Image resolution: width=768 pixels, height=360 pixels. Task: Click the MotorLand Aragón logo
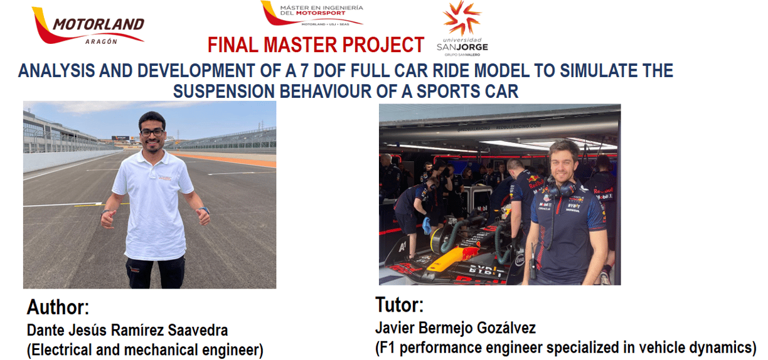click(x=88, y=26)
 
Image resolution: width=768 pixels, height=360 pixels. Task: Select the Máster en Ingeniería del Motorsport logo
click(x=312, y=14)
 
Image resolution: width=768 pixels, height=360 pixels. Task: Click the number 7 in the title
click(x=304, y=71)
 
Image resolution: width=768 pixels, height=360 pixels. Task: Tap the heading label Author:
click(x=58, y=307)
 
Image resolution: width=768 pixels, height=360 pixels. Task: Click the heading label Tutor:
click(x=400, y=304)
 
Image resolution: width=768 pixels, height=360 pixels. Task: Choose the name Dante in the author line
click(x=46, y=330)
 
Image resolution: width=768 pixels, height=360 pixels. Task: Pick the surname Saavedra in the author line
click(x=198, y=330)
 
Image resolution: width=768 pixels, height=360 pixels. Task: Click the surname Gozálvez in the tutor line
click(x=506, y=328)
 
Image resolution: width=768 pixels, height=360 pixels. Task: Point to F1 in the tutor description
click(x=385, y=347)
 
